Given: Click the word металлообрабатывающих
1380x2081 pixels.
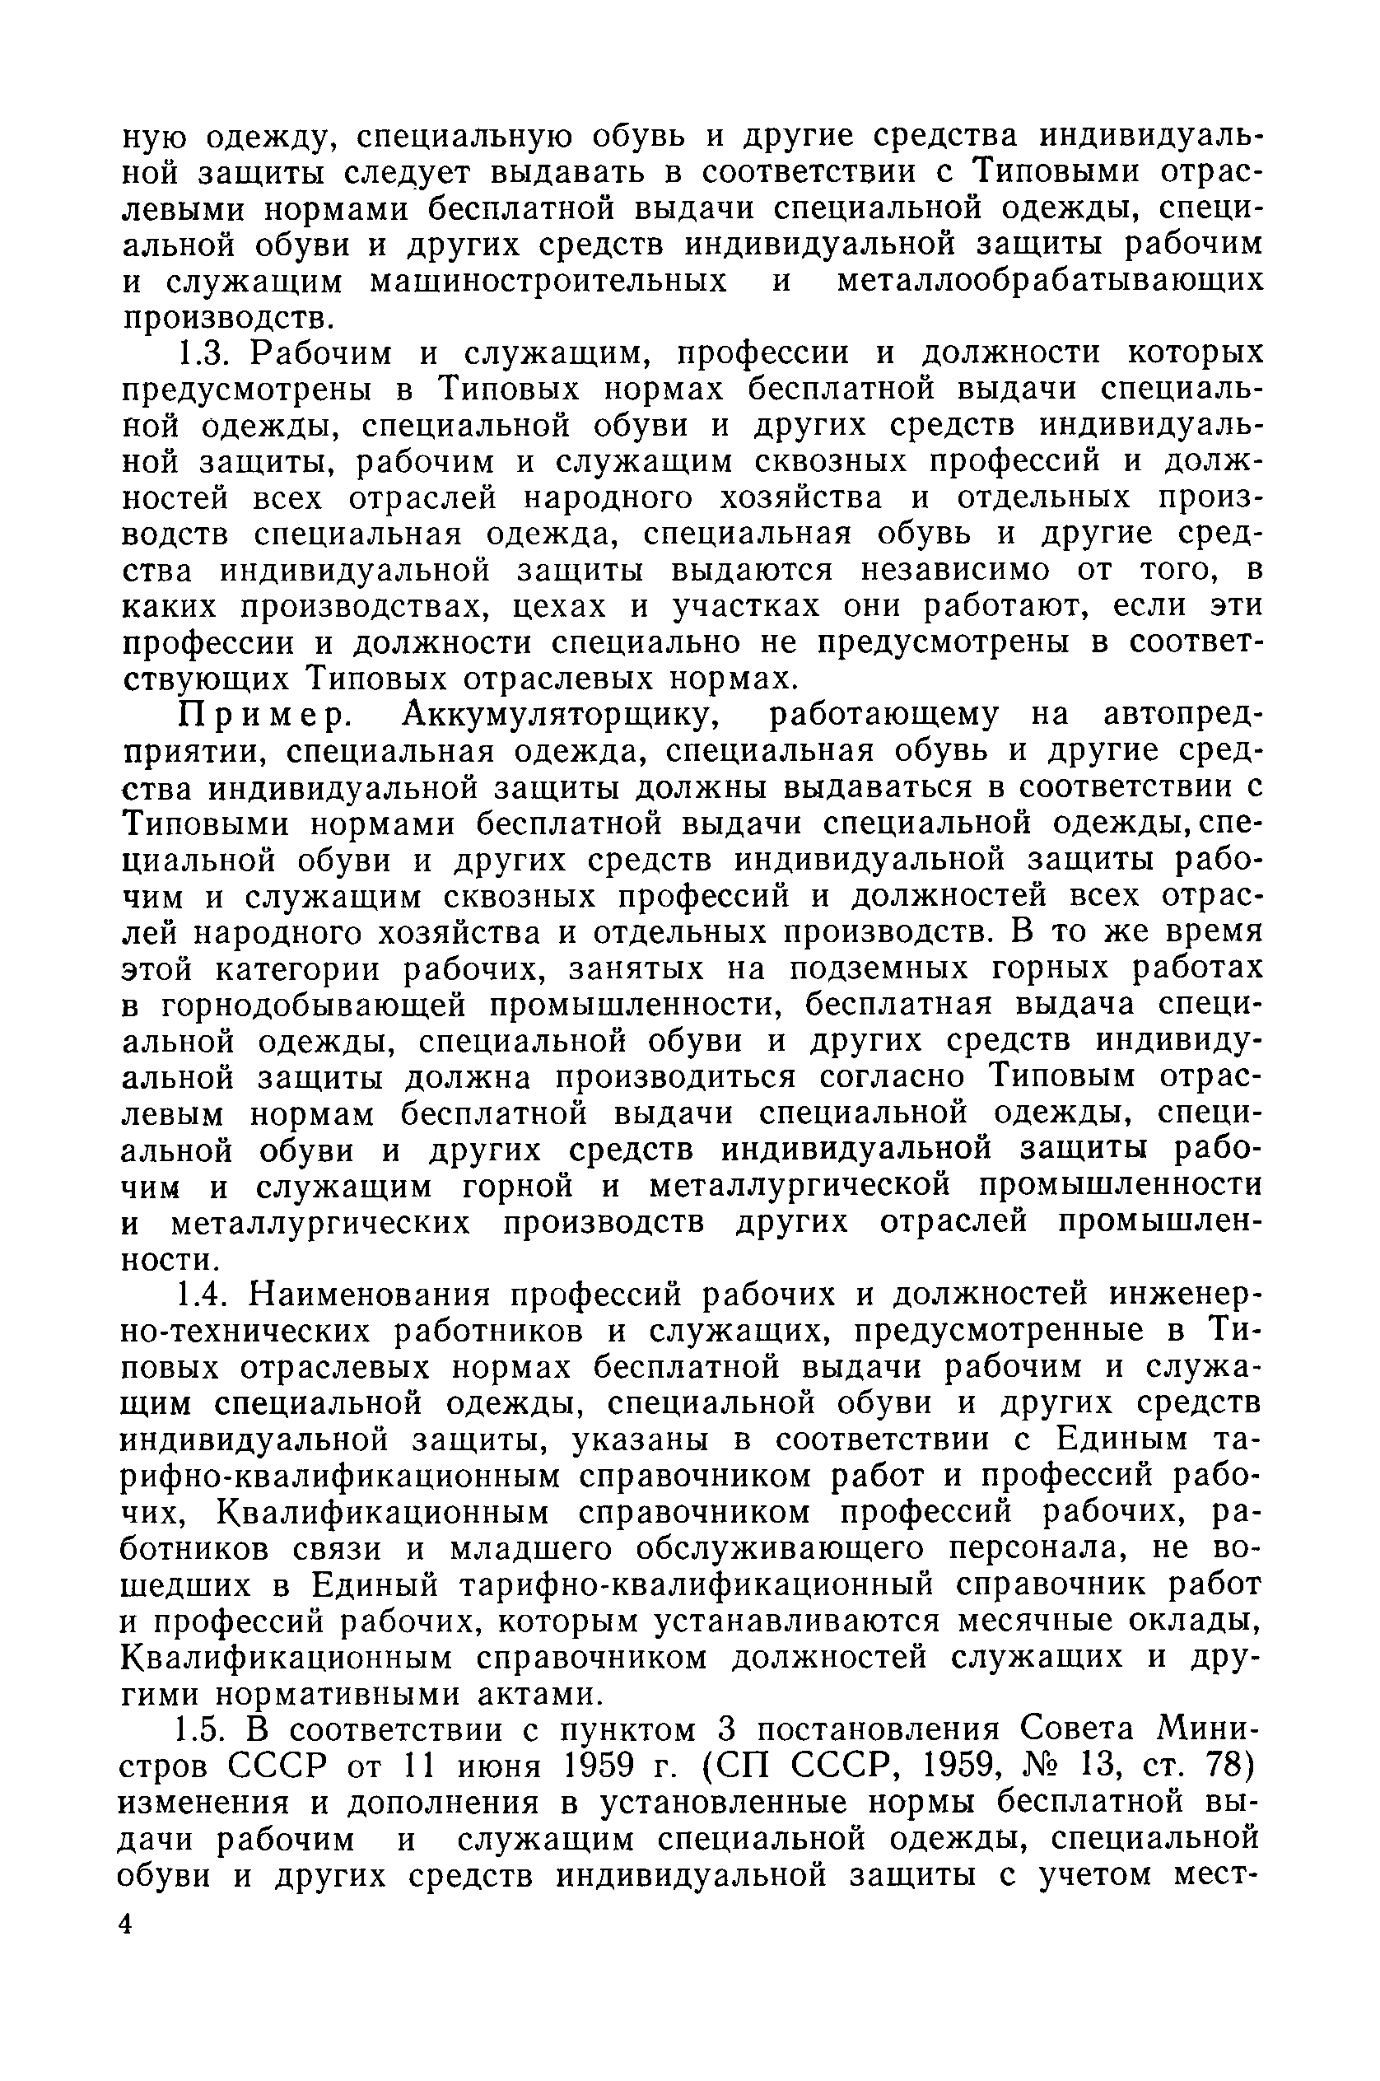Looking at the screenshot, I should pyautogui.click(x=1050, y=282).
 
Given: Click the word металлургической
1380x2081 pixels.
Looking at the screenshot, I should pyautogui.click(x=801, y=1187).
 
